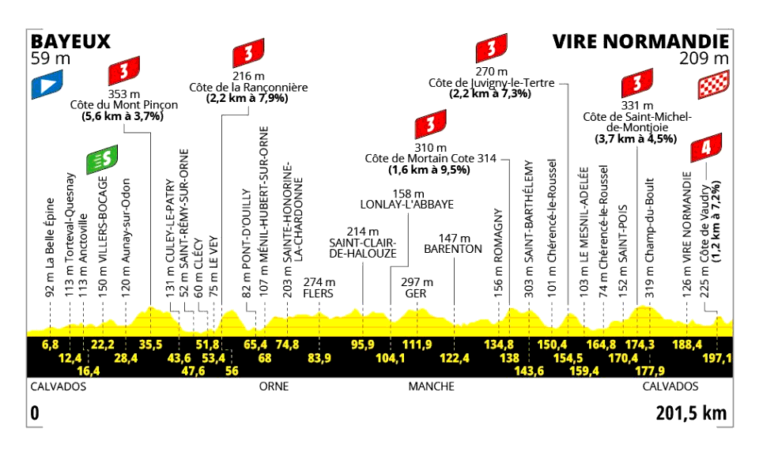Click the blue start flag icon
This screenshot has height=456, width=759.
pos(47,85)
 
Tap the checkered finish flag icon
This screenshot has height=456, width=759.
pos(713,85)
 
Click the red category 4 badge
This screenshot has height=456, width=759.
pos(706,148)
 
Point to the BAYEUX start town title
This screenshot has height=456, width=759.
pos(70,42)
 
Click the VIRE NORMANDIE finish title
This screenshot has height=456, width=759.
pos(641,42)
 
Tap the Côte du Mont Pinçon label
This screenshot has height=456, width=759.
pos(124,105)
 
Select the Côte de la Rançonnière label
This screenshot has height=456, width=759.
pos(248,88)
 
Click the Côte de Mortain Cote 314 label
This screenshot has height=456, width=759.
pos(430,158)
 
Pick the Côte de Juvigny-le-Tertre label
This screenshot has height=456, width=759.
pos(491,83)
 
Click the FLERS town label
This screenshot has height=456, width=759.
pos(319,293)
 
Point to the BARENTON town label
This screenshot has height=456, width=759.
pos(453,249)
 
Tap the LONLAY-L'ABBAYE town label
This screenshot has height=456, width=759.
pos(407,205)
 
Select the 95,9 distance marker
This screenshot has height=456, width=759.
pos(363,345)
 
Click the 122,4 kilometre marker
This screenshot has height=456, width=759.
pos(455,358)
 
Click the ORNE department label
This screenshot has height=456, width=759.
pos(274,386)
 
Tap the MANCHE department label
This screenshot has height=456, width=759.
pos(432,386)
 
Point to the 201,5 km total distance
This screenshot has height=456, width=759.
pos(691,413)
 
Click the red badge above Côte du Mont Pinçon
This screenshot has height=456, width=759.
pos(124,71)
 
